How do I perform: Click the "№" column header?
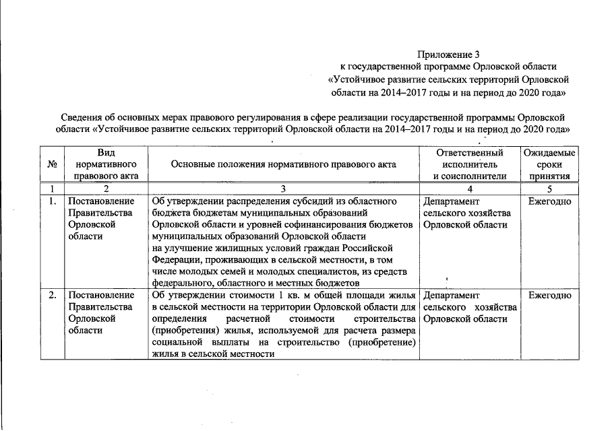pos(53,164)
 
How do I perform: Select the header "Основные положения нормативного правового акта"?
pos(284,164)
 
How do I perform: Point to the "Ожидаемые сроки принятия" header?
pos(549,164)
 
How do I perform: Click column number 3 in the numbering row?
pos(284,189)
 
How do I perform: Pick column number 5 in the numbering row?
pos(549,189)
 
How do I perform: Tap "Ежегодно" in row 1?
pos(549,201)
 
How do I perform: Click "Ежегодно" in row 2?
pos(549,295)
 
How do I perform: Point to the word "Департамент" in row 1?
pos(452,201)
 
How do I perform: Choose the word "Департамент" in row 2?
pos(452,295)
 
